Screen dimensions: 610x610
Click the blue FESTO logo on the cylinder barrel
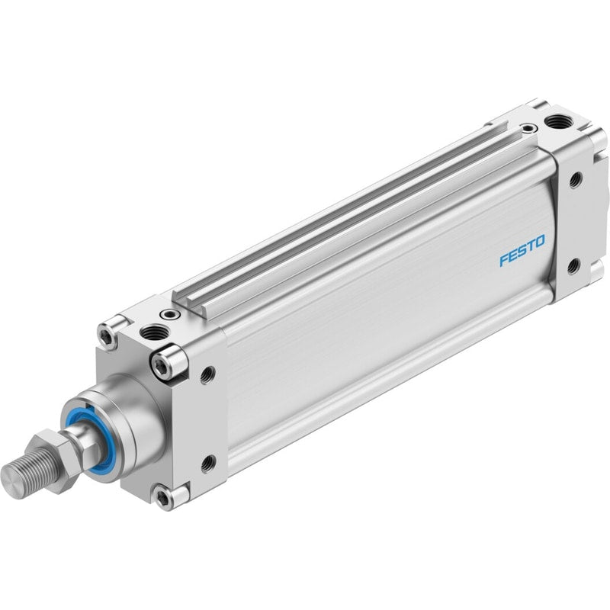tap(522, 250)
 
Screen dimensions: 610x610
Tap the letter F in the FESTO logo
tap(505, 260)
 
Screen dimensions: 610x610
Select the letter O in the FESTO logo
tap(539, 242)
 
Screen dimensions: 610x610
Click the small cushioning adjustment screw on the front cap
tap(170, 313)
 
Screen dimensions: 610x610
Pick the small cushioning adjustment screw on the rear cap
tap(528, 127)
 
